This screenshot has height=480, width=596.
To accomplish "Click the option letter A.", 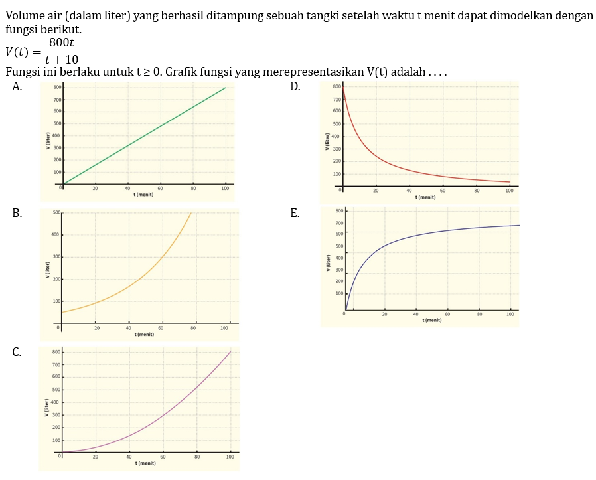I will coord(18,86).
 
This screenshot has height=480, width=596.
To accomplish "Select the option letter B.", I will coord(18,213).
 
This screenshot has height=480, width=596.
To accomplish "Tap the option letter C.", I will coord(18,352).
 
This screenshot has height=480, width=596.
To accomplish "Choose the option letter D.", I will coord(295,86).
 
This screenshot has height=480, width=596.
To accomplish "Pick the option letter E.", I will coord(295,213).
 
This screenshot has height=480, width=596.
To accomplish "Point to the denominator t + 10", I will coord(62,60).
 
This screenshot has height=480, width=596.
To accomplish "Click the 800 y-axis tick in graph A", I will coord(57,87).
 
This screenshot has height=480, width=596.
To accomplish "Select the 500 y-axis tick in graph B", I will coord(56,212).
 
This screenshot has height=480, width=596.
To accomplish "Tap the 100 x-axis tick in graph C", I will coord(230,457).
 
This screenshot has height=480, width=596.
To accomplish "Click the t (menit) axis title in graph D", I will coord(425,197).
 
